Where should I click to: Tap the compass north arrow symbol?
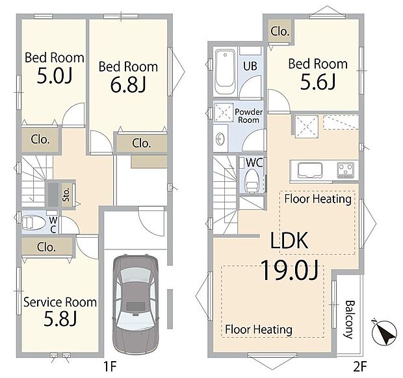384,332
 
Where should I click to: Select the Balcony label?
349,320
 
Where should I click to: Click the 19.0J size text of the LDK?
290,270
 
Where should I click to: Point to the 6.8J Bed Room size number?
128,85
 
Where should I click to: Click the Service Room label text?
60,302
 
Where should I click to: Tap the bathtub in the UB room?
225,71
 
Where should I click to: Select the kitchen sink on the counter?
309,170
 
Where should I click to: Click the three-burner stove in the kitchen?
345,170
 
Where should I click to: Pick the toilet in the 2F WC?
252,181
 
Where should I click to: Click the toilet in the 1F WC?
33,222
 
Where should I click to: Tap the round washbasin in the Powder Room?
220,139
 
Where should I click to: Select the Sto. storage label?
66,194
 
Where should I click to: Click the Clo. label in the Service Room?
46,247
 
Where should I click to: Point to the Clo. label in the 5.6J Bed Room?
280,31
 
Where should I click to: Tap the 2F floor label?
360,366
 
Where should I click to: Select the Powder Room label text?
248,116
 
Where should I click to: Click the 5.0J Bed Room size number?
55,75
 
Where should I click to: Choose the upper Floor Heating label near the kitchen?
318,199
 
